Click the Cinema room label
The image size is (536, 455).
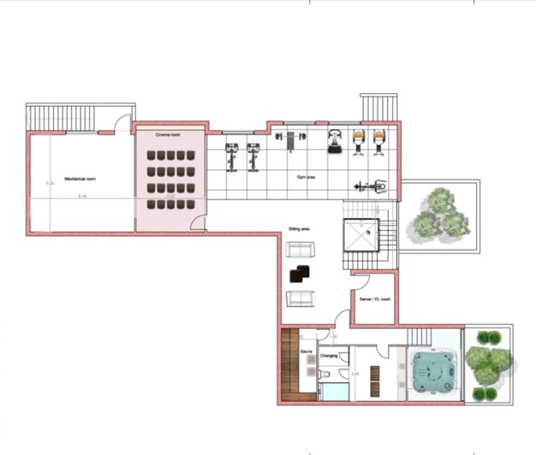tap(167, 135)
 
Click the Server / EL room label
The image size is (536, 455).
tap(375, 299)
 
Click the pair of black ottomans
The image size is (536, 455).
tap(301, 275)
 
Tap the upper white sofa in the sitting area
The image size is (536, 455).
tap(301, 251)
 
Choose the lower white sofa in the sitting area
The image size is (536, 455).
tap(301, 298)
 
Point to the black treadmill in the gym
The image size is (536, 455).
tap(335, 141)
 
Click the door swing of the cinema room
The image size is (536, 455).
tap(198, 223)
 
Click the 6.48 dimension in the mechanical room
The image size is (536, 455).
tap(82, 197)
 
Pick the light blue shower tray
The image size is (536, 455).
tap(333, 393)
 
